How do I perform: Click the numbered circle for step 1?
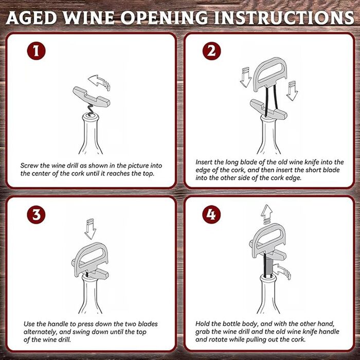click(x=37, y=51)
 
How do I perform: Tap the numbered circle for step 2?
click(x=211, y=51)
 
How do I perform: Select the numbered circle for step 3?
click(x=37, y=215)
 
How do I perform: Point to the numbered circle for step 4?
click(x=211, y=215)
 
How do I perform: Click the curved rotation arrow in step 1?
click(x=99, y=82)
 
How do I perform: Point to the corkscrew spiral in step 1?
click(x=90, y=110)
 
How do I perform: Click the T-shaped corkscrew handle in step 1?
click(x=92, y=97)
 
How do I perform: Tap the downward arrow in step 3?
click(x=90, y=229)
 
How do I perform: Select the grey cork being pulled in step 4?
click(x=268, y=267)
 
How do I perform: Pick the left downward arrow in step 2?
click(x=245, y=77)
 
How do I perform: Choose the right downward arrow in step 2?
click(x=292, y=91)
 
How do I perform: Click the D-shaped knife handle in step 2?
click(x=271, y=74)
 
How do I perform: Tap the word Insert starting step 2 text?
click(x=204, y=162)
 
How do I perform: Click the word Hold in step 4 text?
click(x=202, y=323)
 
